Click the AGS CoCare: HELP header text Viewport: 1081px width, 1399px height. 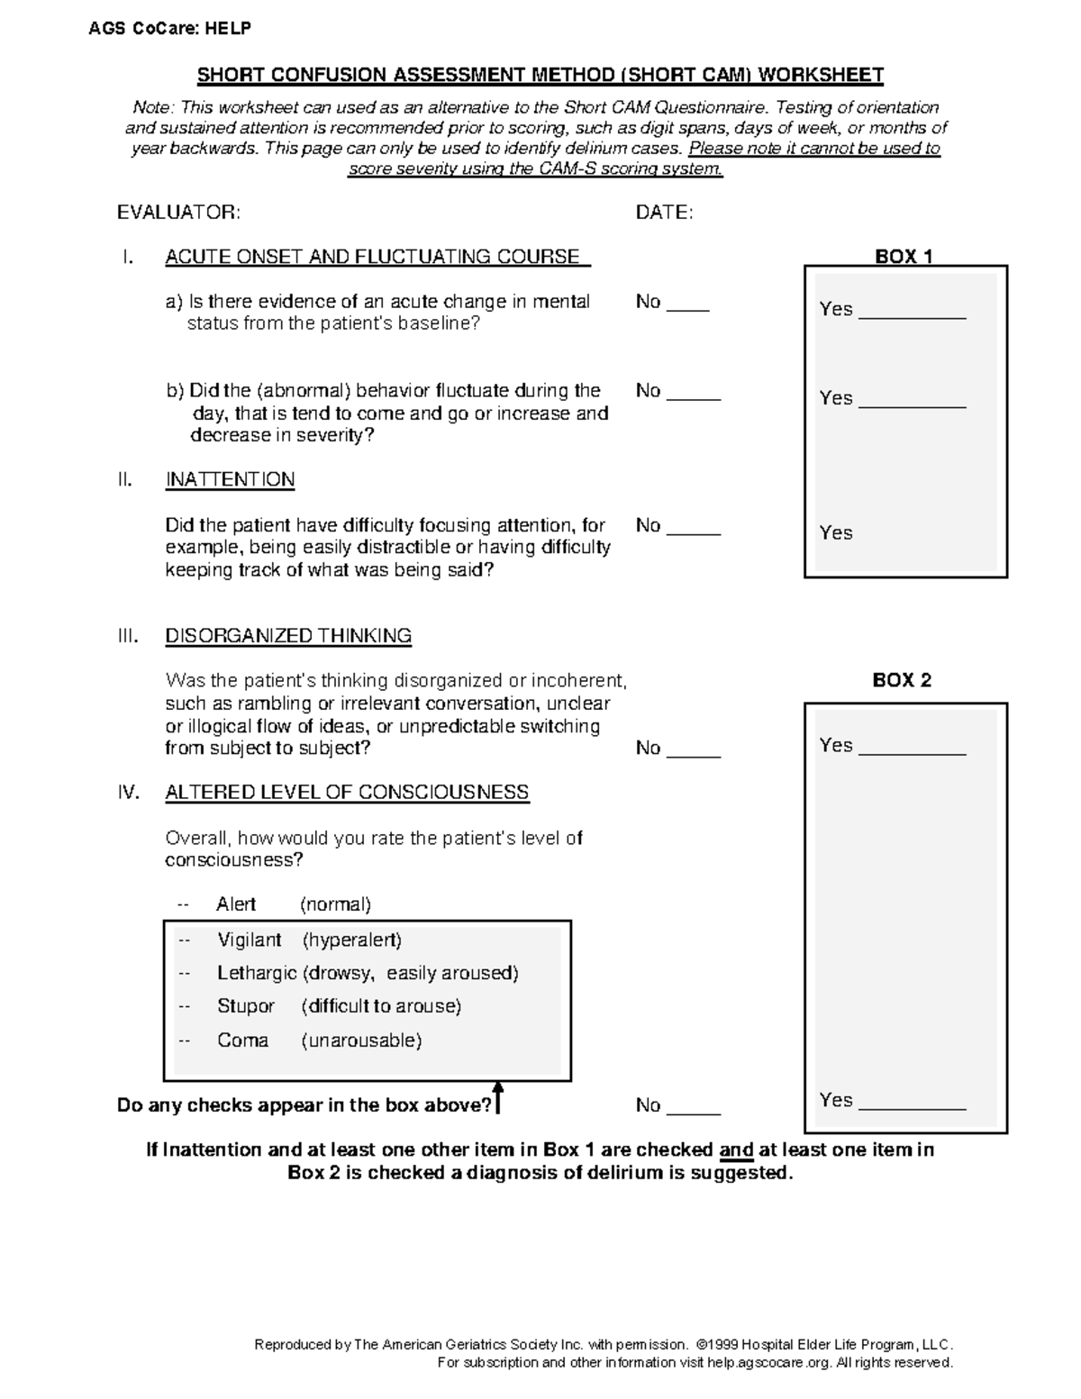point(169,29)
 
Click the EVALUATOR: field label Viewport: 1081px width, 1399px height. point(178,213)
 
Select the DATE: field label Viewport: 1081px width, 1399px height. point(664,213)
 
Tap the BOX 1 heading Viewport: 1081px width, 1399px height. point(904,256)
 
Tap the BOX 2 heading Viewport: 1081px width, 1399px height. point(902,680)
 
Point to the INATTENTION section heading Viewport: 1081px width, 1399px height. point(230,479)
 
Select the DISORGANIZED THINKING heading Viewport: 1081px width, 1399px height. point(288,636)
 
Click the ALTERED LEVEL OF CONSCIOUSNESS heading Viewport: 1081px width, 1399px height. point(347,793)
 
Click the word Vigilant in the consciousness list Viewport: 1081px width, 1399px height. point(250,940)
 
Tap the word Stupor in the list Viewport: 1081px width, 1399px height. point(245,1006)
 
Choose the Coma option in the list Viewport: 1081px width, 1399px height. point(242,1040)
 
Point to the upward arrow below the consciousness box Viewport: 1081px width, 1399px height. point(497,1098)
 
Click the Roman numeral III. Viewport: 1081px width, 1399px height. point(128,636)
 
